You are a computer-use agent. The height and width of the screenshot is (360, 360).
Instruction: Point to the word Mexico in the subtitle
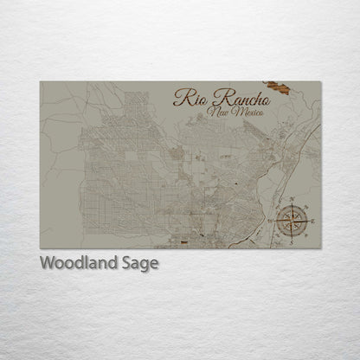[x=247, y=116]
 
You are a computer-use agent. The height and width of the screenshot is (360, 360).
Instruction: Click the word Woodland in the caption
[x=78, y=263]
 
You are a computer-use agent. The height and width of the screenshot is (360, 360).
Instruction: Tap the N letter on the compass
[x=292, y=200]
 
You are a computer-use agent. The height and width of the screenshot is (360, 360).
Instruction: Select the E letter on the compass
[x=312, y=222]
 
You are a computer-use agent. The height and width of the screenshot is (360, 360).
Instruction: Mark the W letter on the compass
[x=273, y=221]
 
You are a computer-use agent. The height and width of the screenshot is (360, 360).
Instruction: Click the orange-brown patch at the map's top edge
[x=279, y=87]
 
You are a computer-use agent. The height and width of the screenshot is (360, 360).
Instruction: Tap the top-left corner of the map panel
[x=40, y=81]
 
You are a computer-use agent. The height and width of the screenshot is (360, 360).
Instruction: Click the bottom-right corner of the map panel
[x=321, y=248]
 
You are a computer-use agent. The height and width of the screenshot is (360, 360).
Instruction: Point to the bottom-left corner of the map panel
[x=40, y=248]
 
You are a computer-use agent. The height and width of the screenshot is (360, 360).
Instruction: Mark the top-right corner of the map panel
[x=321, y=81]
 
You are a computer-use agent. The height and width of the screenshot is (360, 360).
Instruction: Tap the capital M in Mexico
[x=234, y=115]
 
